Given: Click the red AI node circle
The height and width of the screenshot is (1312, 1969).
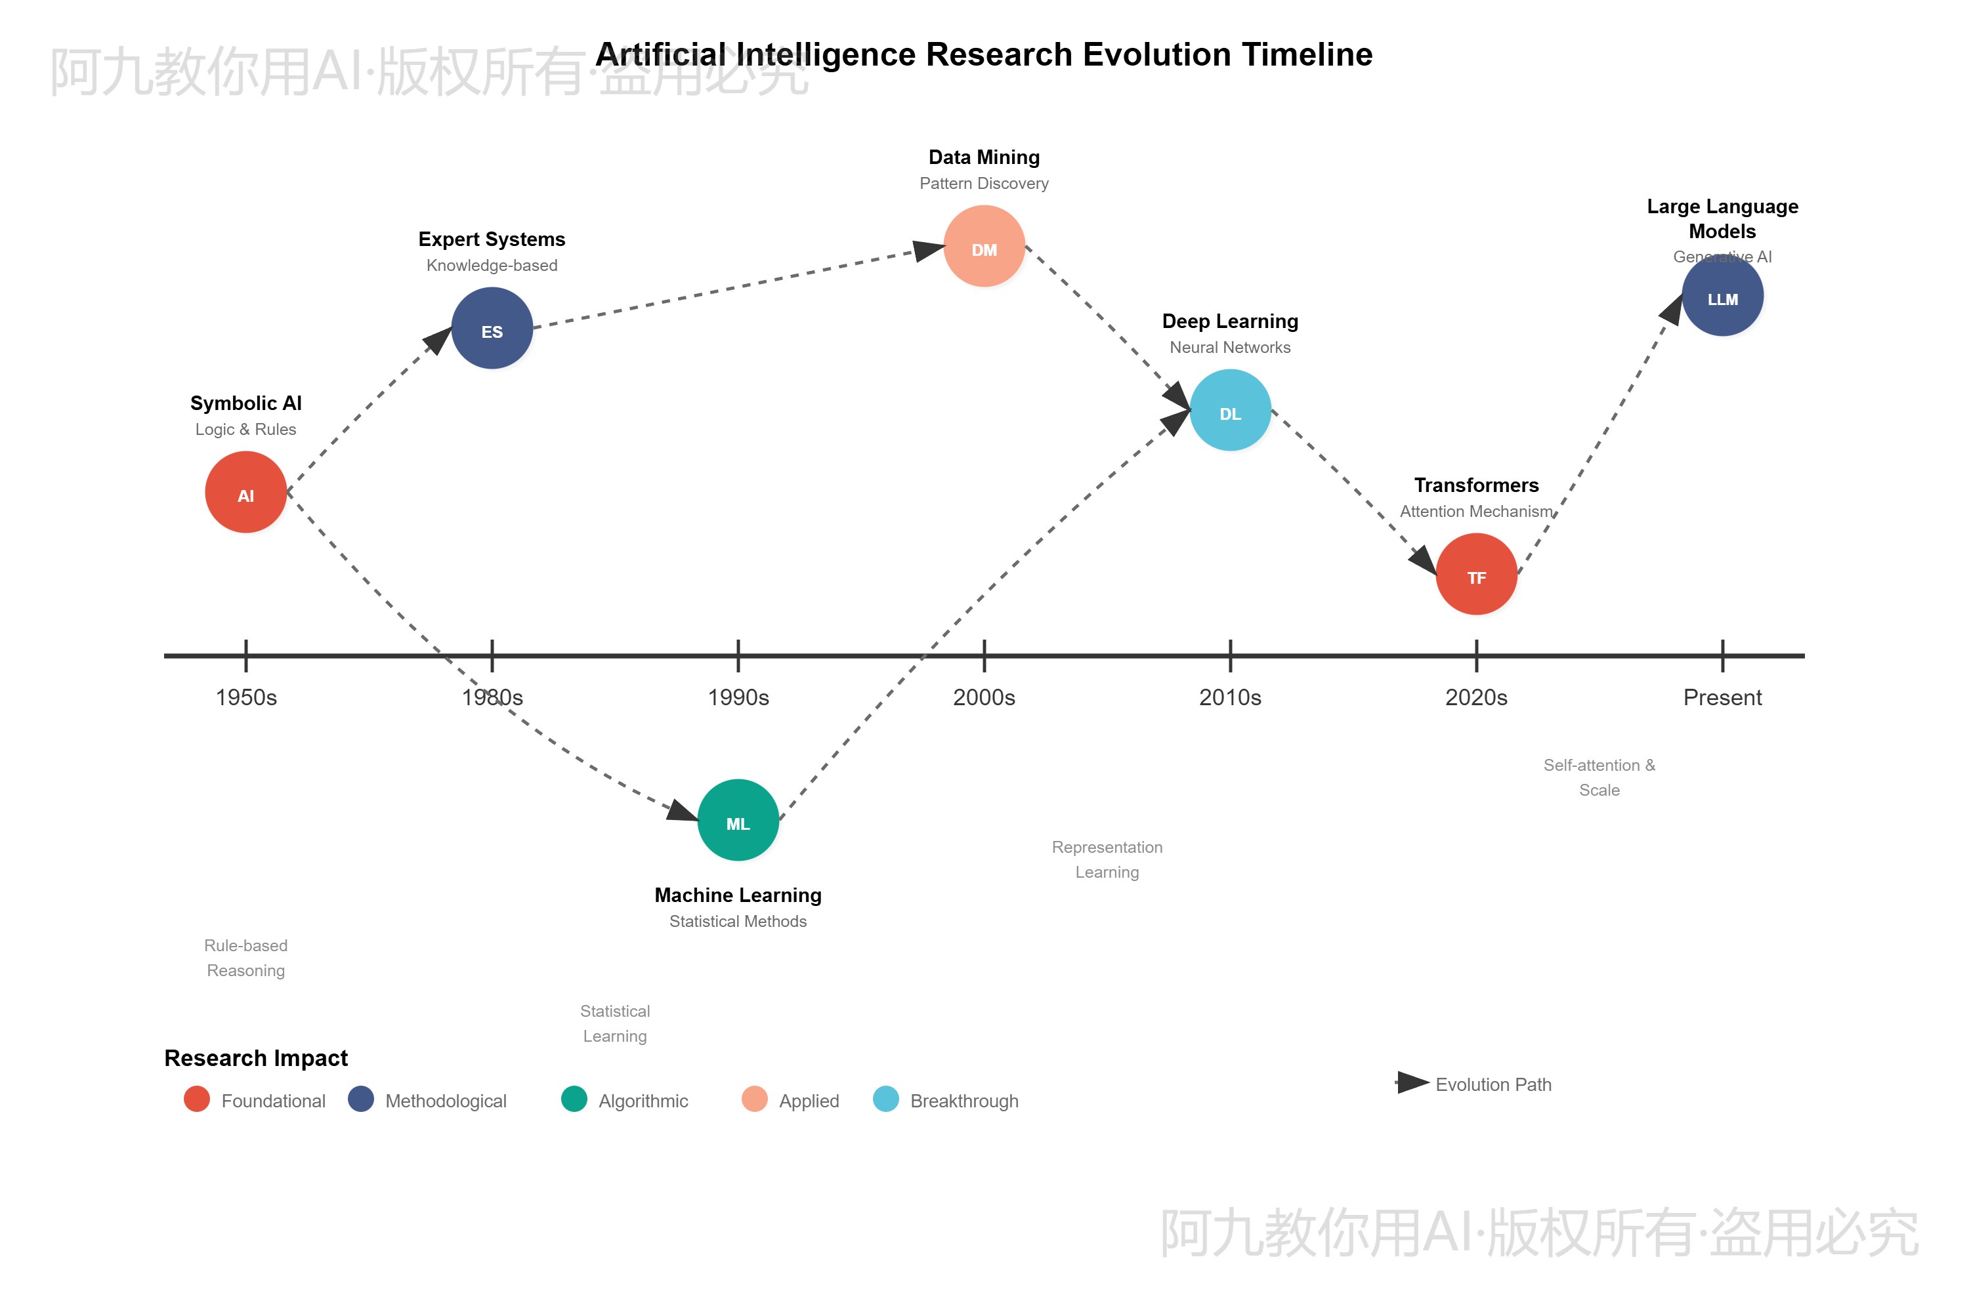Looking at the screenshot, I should coord(245,492).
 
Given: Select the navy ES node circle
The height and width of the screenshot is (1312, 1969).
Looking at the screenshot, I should coord(492,328).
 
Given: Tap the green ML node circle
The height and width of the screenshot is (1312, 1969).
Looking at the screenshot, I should coord(738,820).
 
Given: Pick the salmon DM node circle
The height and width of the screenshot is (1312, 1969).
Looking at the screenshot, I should coord(984,246).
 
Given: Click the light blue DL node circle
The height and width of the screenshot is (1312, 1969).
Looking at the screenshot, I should coord(1230,410).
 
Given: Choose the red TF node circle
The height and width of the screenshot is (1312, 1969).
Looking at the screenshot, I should coord(1476,574).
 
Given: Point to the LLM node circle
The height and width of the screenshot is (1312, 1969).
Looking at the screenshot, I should coord(1722,297).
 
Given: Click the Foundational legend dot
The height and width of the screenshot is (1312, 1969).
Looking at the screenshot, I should coord(197,1099).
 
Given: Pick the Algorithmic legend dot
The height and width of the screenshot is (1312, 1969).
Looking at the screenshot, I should coord(574,1099).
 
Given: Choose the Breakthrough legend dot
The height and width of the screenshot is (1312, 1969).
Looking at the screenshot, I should coord(885,1099).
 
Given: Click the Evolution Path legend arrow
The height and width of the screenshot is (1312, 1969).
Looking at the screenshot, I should coord(1412,1083).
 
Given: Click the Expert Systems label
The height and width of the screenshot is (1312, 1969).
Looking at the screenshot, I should coord(492,239).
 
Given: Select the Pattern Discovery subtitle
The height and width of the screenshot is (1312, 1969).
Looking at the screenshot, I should coord(984,183).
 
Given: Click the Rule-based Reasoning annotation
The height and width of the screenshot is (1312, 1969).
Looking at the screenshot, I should coord(245,958).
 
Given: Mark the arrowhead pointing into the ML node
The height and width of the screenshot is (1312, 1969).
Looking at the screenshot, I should coord(683,811).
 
